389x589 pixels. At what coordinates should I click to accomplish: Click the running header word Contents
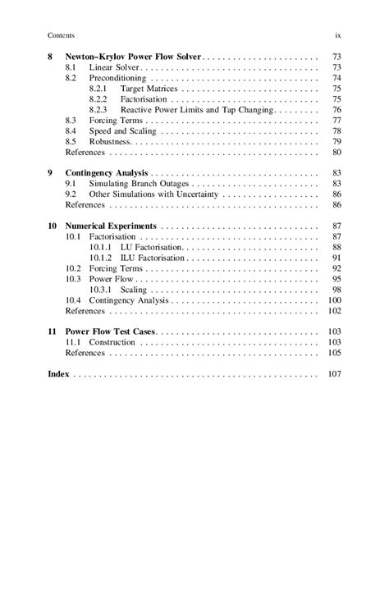(62, 35)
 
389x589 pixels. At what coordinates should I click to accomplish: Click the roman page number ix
(338, 35)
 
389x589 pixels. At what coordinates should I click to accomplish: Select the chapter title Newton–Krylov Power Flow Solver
(132, 57)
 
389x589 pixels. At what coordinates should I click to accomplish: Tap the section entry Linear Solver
(115, 67)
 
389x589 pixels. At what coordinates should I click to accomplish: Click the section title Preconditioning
(121, 78)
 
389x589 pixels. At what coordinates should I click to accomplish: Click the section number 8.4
(71, 131)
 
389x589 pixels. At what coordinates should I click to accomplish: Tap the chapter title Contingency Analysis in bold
(106, 173)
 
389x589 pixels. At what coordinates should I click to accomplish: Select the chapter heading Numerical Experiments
(112, 226)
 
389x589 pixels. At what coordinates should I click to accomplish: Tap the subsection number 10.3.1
(101, 290)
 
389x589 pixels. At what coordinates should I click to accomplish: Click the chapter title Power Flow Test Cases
(110, 331)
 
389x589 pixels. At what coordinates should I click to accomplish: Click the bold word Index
(58, 373)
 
